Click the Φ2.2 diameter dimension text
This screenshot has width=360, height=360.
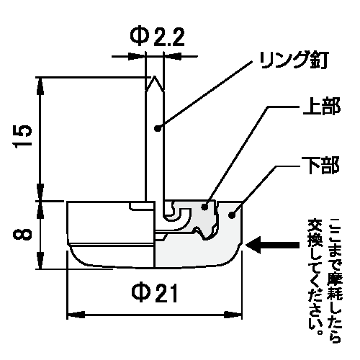(157, 37)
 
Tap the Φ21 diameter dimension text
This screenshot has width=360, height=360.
(155, 293)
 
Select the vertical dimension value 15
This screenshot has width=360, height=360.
(22, 136)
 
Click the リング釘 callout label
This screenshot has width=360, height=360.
(294, 60)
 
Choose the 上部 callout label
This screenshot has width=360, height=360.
(322, 106)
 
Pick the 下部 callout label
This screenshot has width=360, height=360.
(320, 165)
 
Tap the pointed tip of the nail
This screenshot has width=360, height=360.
(155, 77)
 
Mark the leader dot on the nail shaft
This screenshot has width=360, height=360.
(157, 129)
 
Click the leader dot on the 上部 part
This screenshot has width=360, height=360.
(204, 207)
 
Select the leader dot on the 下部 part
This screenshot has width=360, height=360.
(231, 215)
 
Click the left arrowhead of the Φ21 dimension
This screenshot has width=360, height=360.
(76, 315)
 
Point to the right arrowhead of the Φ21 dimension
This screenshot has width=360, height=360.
(233, 315)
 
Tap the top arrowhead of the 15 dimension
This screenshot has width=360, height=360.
(41, 86)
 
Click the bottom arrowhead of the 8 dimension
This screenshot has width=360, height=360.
(41, 260)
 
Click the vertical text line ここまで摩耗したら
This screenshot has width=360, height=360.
(335, 280)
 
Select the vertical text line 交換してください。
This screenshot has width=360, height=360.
(315, 276)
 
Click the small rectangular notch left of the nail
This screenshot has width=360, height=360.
(142, 206)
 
